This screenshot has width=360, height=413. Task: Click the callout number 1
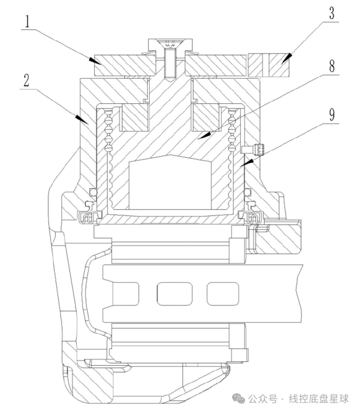[x=27, y=21]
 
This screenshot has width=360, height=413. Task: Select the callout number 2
[x=26, y=80]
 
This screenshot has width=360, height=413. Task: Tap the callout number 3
[x=332, y=13]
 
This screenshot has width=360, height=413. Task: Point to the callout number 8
[x=332, y=66]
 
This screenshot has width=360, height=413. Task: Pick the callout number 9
[x=332, y=115]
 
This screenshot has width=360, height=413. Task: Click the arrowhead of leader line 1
[x=95, y=61]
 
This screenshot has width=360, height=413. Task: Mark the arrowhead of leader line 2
[x=81, y=119]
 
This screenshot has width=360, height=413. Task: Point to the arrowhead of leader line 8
[x=204, y=135]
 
